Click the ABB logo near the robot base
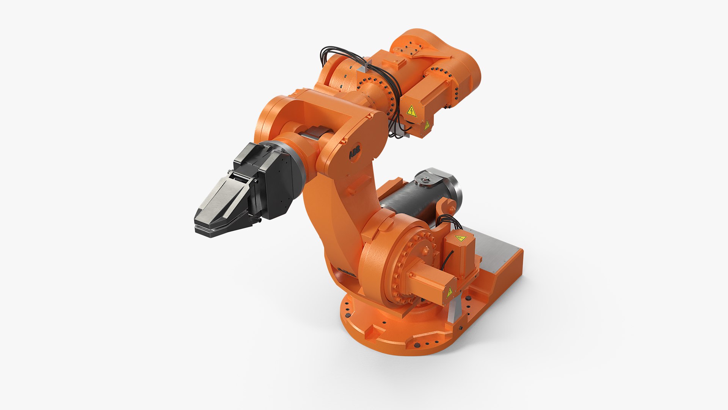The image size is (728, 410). click(x=346, y=272)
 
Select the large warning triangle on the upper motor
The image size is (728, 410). click(x=411, y=111)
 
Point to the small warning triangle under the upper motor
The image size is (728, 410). click(x=427, y=125)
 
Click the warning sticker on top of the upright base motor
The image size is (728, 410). click(x=460, y=238)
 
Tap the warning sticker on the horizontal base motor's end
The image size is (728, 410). click(x=450, y=292)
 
